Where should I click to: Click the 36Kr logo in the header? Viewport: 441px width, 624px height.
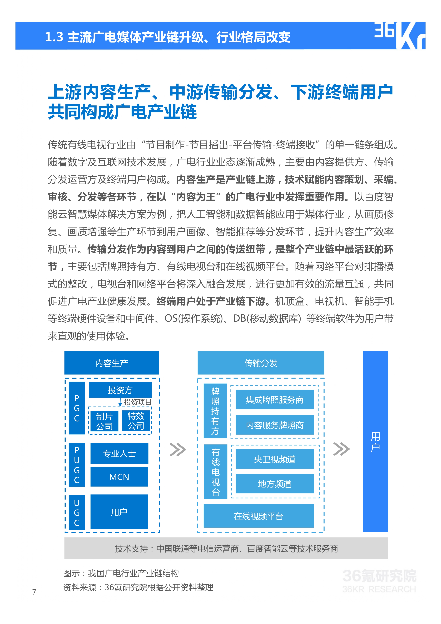(400, 36)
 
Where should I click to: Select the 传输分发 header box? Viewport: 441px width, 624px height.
(261, 363)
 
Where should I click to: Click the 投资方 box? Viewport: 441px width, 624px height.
(120, 390)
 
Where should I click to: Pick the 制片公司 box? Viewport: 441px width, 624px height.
(104, 421)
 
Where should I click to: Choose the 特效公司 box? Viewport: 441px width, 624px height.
(136, 421)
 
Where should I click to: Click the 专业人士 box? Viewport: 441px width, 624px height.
(119, 453)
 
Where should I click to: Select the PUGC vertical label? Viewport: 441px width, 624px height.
(77, 465)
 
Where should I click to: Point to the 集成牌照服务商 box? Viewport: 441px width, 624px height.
(275, 400)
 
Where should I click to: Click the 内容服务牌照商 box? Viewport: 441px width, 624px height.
(275, 425)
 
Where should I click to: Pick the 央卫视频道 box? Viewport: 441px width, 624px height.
(275, 459)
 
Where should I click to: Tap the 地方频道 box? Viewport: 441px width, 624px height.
(275, 484)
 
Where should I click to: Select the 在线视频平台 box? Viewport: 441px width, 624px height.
(259, 516)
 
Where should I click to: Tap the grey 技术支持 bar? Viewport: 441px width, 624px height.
(226, 548)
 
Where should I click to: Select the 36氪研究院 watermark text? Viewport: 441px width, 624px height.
(379, 576)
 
